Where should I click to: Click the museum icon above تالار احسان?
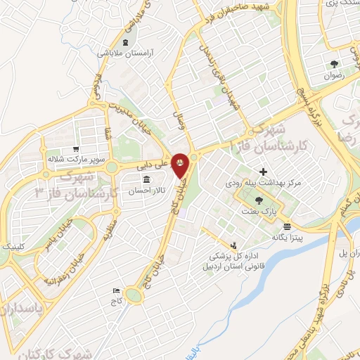click(x=136, y=180)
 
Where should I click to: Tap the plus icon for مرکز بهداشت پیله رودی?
click(x=263, y=171)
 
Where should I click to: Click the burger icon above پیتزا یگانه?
click(x=287, y=226)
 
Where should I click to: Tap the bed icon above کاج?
click(x=117, y=290)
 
